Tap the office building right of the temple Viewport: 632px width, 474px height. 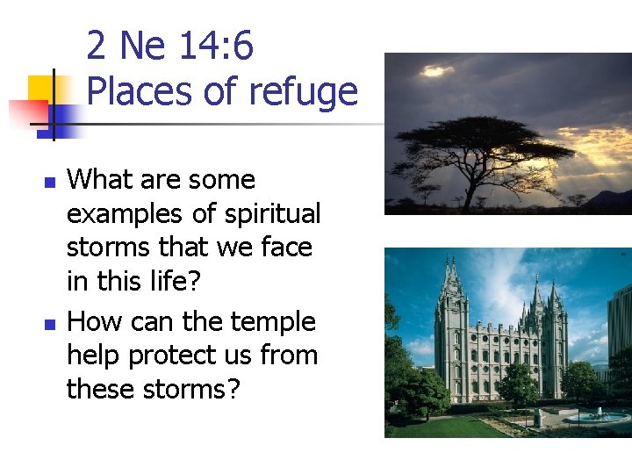[618, 325]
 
